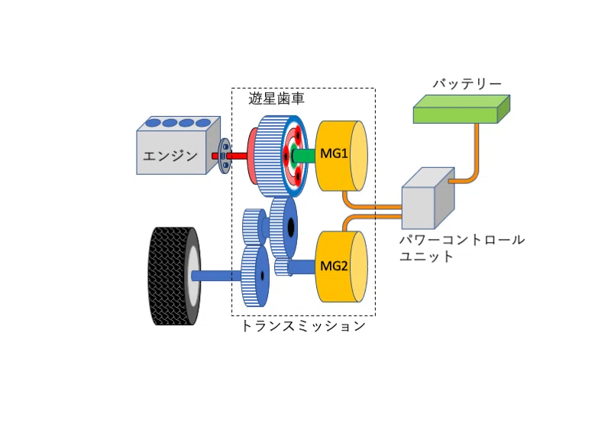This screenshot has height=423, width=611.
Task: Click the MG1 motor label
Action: tap(334, 153)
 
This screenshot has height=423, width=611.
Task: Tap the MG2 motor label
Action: tap(334, 266)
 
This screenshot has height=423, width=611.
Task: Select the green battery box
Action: tap(461, 108)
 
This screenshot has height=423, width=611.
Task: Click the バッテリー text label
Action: tap(467, 84)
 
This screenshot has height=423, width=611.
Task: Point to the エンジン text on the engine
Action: tap(170, 157)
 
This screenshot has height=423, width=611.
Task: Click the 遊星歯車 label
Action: tap(276, 98)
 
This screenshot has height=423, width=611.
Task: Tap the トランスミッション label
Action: tap(303, 325)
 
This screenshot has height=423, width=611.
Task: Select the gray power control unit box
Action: tap(428, 199)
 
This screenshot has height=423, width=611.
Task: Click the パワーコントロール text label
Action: tap(462, 240)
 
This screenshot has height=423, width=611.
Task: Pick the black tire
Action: tap(174, 276)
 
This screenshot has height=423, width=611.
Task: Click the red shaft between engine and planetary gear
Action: tap(230, 156)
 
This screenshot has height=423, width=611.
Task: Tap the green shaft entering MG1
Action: tap(304, 156)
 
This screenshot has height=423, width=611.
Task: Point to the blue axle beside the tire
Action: tap(216, 276)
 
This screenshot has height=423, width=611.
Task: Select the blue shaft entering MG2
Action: tap(301, 267)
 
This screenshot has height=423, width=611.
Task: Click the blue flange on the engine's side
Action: tap(225, 156)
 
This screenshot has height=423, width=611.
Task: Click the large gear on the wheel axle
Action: tap(255, 276)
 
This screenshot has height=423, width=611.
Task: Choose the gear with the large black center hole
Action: tap(283, 227)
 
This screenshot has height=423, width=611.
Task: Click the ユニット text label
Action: tap(427, 257)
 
